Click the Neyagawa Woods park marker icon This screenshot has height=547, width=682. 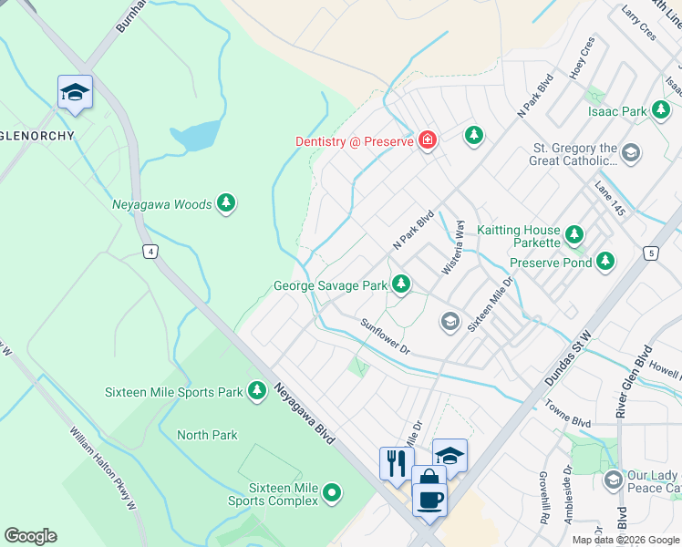pos(226,205)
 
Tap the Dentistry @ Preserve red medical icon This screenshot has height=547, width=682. pos(427,140)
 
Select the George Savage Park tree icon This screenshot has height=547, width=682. pos(400,285)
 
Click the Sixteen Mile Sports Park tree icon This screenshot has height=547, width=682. pos(257,392)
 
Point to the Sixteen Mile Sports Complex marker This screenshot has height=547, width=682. pos(333,493)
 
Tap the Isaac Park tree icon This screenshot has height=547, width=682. pos(660,111)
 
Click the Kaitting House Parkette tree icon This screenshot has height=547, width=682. pos(573,236)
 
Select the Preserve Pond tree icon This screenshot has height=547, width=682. pos(605,263)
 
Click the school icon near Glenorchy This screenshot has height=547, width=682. pos(75,92)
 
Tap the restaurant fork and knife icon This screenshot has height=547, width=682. pos(396,462)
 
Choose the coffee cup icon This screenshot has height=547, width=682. pos(429,499)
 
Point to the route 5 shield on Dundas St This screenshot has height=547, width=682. pos(649,253)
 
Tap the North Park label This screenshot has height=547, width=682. pos(207,435)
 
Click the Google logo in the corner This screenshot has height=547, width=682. pos(30,536)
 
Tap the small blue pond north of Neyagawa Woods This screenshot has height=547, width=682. pos(194,135)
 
